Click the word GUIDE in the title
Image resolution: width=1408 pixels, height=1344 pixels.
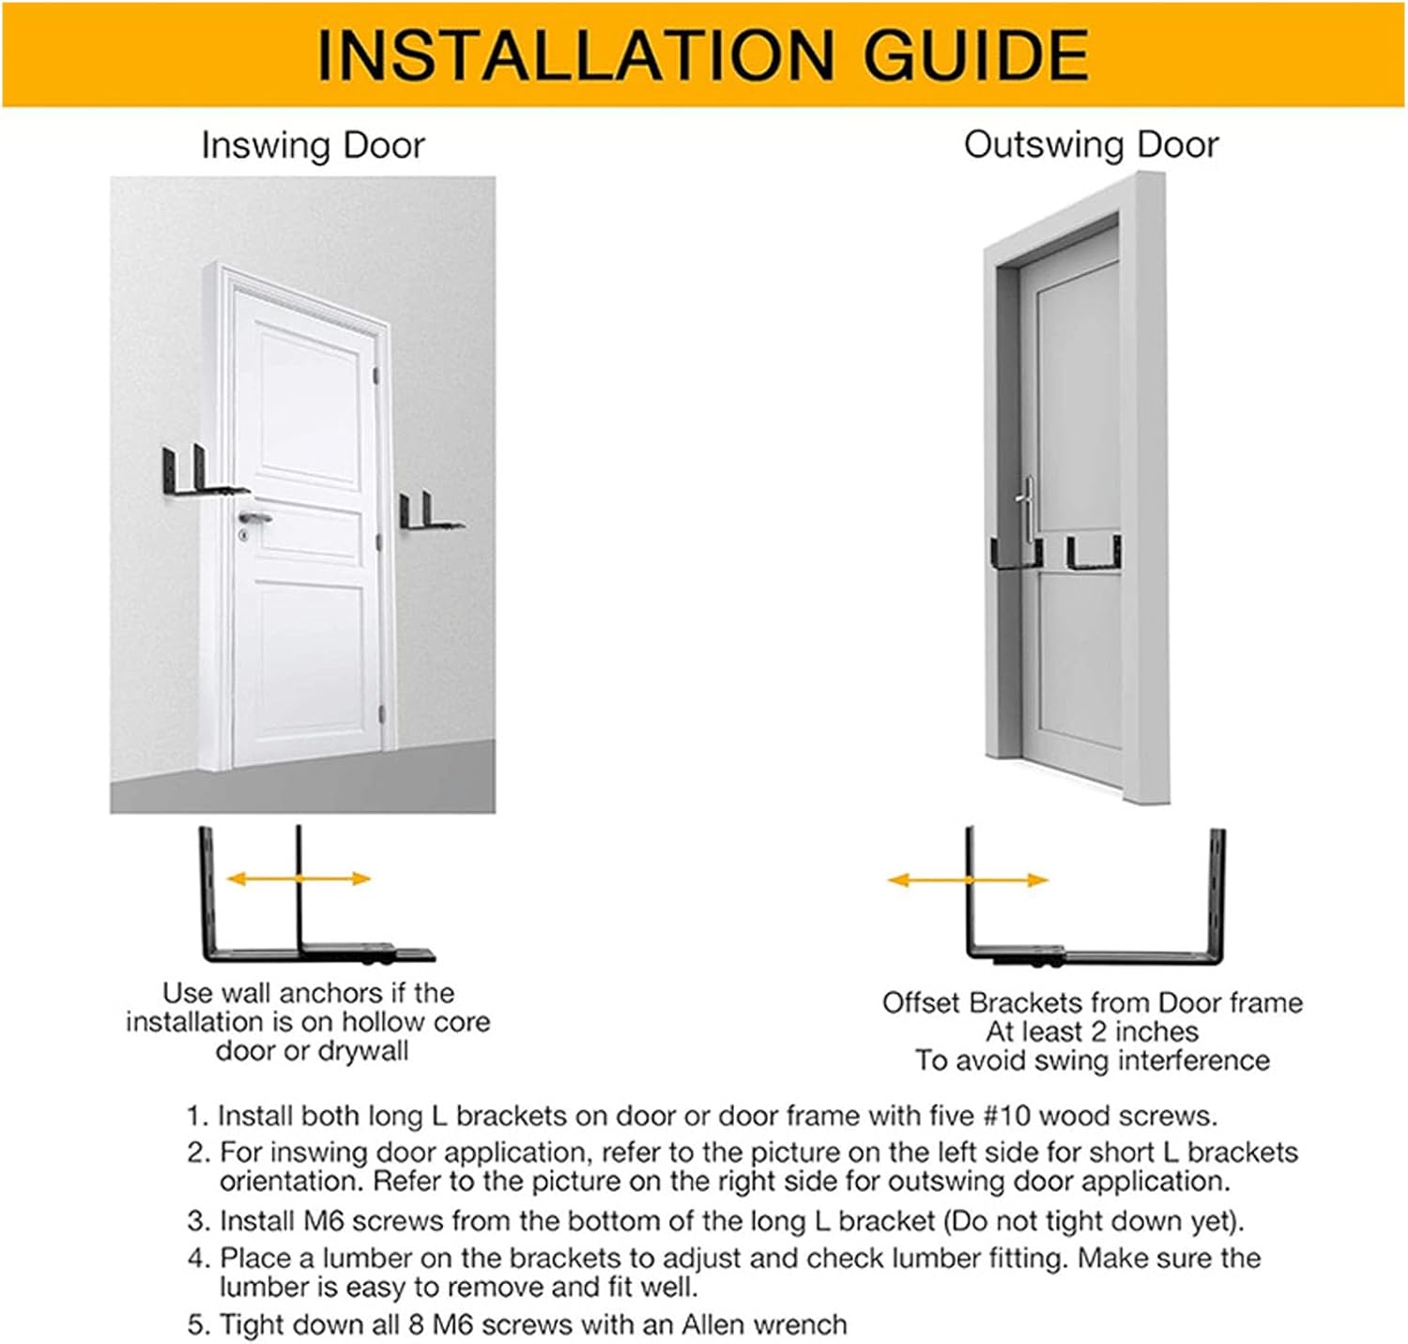pyautogui.click(x=976, y=55)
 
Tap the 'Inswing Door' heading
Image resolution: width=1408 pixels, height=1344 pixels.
pyautogui.click(x=313, y=145)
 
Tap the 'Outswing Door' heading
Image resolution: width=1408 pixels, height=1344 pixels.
pyautogui.click(x=1091, y=145)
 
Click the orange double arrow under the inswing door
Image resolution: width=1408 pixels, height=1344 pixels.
pyautogui.click(x=298, y=878)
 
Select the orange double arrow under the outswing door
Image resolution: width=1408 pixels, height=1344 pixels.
pyautogui.click(x=968, y=880)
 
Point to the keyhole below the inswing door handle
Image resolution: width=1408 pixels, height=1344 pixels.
pyautogui.click(x=244, y=535)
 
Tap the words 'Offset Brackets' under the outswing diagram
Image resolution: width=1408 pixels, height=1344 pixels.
pyautogui.click(x=984, y=1002)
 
